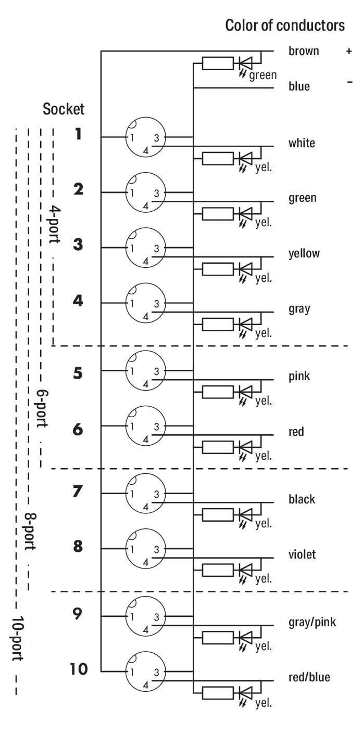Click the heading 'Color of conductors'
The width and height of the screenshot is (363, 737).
coord(284,25)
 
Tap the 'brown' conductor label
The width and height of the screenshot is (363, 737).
coord(304,51)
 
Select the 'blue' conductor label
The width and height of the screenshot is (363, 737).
coord(299,86)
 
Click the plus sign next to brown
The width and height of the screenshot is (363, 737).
coord(349,51)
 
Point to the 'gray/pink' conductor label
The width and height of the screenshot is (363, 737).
coord(312,622)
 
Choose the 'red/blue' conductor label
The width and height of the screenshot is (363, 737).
coord(309,677)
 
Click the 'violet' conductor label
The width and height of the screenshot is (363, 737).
coord(302,554)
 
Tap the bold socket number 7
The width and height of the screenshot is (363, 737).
coord(78,491)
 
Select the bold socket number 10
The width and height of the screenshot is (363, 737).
coord(79,669)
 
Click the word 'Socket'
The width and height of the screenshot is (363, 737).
coord(64,109)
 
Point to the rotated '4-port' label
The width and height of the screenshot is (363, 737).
coord(55,225)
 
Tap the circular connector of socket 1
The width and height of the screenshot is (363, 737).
coord(145,137)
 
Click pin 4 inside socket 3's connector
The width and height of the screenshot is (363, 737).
coord(146,261)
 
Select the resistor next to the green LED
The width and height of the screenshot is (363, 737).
coord(218,63)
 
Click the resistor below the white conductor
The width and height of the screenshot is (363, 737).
coord(218,159)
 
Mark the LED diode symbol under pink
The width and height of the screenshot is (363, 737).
coord(245,392)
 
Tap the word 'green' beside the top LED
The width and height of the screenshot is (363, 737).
coord(263,75)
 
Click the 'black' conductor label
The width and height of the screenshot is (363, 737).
coord(302,499)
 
